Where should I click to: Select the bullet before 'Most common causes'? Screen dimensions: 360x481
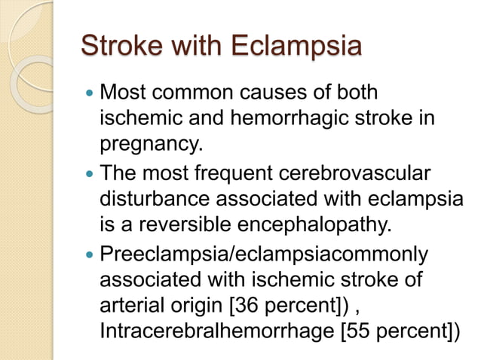click(89, 96)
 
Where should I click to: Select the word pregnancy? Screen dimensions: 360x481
click(146, 143)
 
